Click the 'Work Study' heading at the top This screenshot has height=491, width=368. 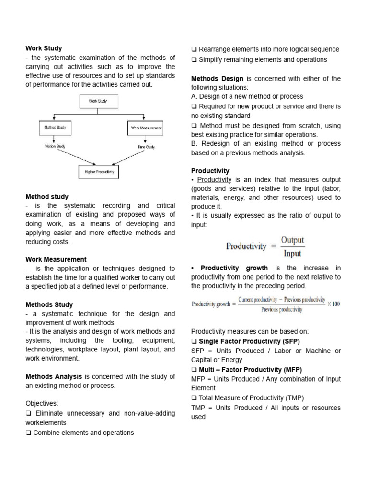coord(44,48)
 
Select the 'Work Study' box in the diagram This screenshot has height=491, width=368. coord(98,101)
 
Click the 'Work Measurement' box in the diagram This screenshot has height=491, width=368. coord(145,128)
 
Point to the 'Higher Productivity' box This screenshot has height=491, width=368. coord(99,171)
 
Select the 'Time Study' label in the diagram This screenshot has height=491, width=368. coord(146,147)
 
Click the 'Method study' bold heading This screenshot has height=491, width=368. coord(46,197)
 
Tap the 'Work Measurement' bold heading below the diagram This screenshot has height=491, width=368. coord(56,259)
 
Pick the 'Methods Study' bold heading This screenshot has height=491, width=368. coord(49,304)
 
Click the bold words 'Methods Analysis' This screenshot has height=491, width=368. coord(54,377)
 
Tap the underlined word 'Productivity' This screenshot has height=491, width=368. coord(214,179)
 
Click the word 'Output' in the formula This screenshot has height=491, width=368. coord(292,240)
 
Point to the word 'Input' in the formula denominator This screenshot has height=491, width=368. coord(292,253)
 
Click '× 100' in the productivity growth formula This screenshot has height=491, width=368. coord(333,304)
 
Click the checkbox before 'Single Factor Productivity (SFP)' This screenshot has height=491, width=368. coord(194,341)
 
